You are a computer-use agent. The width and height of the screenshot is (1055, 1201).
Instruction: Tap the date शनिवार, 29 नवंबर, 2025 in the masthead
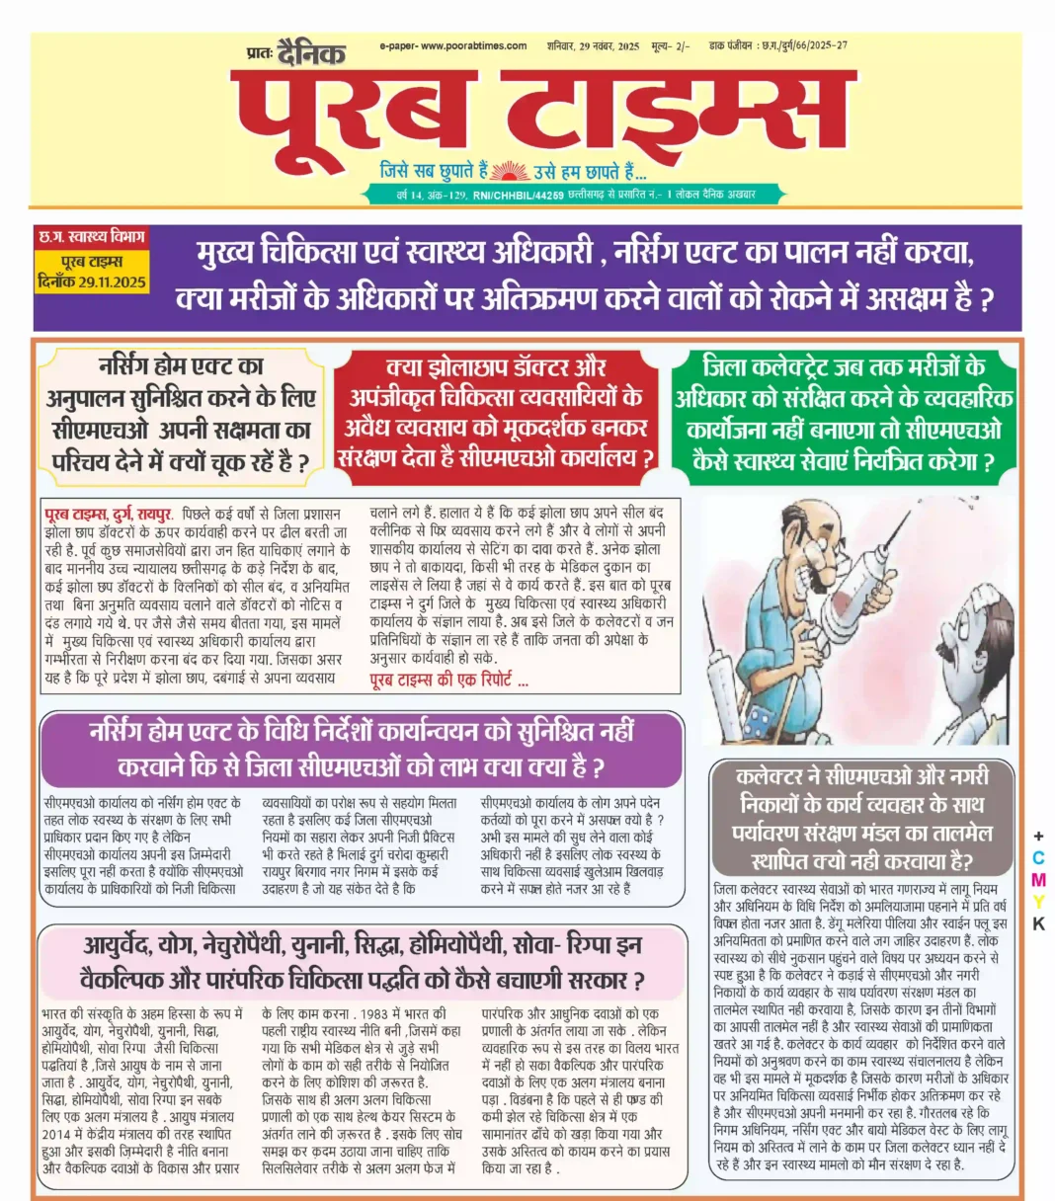click(593, 46)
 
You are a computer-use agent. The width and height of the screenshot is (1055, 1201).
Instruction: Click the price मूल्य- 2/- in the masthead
click(671, 46)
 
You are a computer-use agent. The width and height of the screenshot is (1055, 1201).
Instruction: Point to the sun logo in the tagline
click(511, 170)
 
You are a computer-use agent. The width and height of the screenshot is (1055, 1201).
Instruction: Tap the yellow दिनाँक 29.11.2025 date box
click(91, 282)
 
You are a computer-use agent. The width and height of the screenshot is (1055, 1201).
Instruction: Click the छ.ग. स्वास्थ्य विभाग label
click(91, 238)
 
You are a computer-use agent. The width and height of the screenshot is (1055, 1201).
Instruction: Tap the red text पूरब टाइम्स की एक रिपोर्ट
click(448, 681)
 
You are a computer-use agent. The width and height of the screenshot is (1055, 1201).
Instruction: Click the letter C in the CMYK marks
click(1038, 858)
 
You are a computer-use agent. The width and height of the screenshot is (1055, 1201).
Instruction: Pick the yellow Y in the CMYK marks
click(1038, 902)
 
